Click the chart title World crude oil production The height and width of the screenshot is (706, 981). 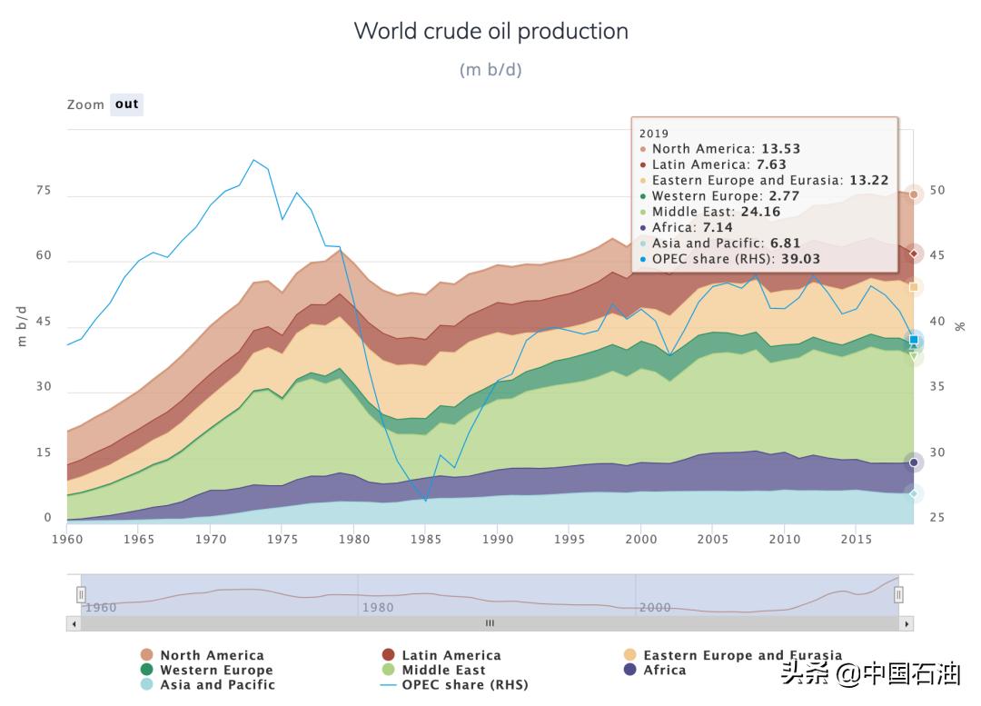(x=490, y=31)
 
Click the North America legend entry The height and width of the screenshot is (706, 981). (x=212, y=655)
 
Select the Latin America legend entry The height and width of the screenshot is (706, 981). (x=451, y=655)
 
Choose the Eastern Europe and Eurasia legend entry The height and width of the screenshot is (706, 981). (x=742, y=655)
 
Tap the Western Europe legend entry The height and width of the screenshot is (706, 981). (x=216, y=670)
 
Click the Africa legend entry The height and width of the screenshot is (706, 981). (x=664, y=670)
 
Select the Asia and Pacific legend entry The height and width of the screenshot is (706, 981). (x=217, y=684)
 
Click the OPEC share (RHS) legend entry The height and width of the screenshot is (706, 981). (x=464, y=684)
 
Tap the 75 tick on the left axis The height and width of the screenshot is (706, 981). (x=44, y=192)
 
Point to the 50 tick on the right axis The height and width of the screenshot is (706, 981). (x=937, y=191)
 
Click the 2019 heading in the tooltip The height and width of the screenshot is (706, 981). (x=654, y=134)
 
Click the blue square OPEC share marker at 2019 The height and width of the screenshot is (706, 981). (x=914, y=340)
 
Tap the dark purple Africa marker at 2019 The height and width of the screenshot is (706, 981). (x=914, y=462)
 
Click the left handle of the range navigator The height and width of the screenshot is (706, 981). (x=81, y=594)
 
